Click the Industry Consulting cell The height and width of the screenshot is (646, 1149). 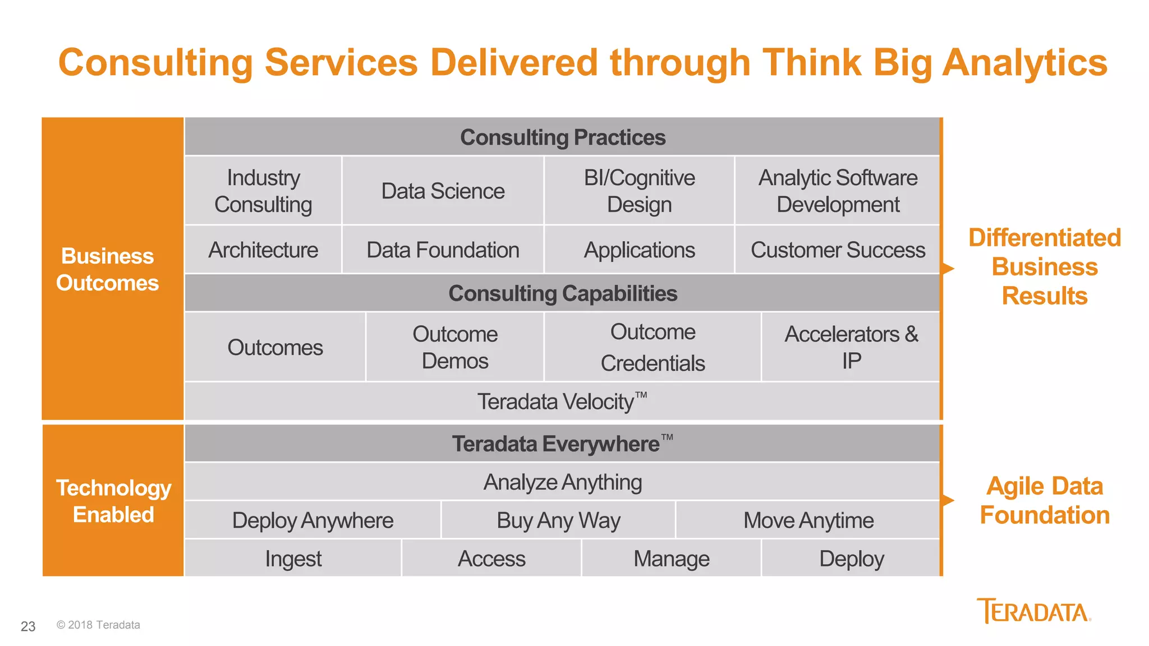click(263, 191)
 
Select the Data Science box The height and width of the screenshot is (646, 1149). click(443, 191)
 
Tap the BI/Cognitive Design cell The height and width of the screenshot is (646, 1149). click(639, 191)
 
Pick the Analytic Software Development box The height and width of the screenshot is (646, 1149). click(838, 191)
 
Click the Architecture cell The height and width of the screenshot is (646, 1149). click(263, 250)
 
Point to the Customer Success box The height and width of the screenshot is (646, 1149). click(838, 250)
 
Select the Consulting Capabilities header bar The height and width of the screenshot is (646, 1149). click(563, 293)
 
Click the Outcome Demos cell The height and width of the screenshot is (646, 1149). click(455, 347)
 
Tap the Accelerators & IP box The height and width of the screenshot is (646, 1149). click(851, 347)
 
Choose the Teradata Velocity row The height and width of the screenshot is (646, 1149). click(563, 402)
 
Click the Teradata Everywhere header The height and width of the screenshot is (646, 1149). click(563, 444)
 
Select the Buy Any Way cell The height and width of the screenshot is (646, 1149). click(558, 520)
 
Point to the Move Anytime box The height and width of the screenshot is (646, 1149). click(808, 520)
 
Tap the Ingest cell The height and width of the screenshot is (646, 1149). click(293, 559)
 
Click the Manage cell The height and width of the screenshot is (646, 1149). click(671, 559)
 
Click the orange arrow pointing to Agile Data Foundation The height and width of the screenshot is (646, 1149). click(948, 500)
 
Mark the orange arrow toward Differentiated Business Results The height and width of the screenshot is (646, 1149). click(948, 269)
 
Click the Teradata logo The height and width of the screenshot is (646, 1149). click(1033, 611)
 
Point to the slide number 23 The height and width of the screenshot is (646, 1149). click(28, 626)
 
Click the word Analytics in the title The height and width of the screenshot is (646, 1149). click(1024, 62)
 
